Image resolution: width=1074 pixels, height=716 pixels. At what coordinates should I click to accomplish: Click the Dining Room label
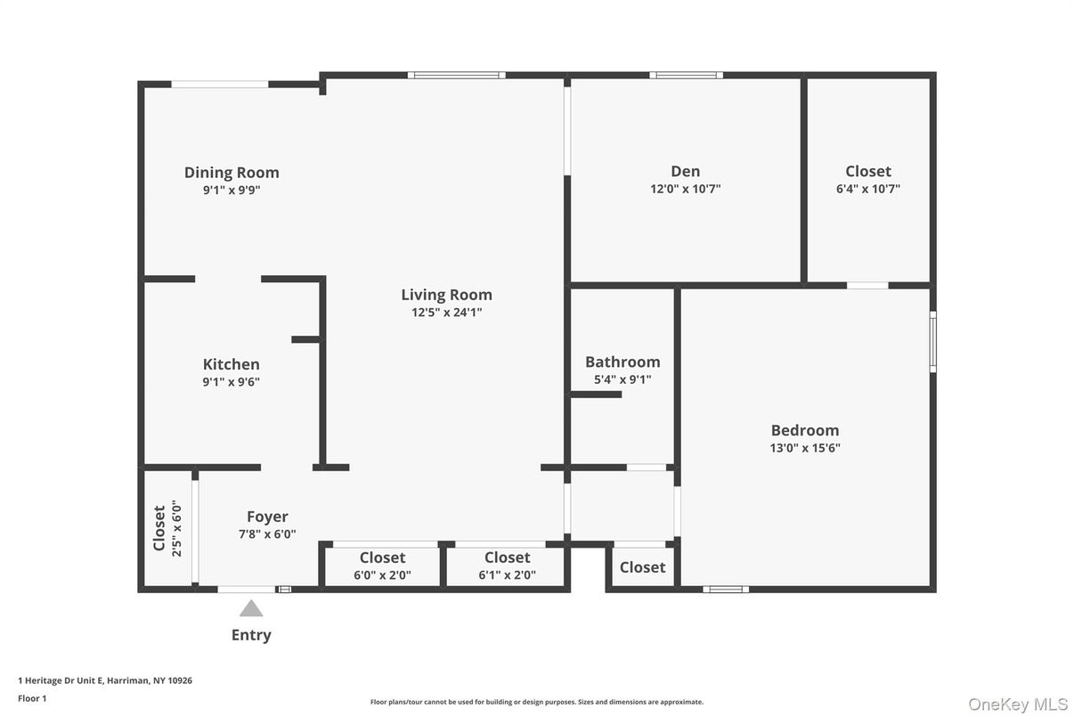click(x=232, y=173)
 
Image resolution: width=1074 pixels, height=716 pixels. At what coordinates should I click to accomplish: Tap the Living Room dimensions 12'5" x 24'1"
click(x=446, y=313)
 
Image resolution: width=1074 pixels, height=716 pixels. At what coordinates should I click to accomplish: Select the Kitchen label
click(x=232, y=364)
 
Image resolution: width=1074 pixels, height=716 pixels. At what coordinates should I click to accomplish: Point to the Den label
click(x=685, y=171)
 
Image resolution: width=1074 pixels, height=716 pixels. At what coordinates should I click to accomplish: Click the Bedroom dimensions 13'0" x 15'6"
click(x=805, y=448)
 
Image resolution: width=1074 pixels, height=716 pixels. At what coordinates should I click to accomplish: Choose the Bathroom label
click(x=622, y=362)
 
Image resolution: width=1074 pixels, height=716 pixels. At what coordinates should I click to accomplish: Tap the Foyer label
click(x=267, y=517)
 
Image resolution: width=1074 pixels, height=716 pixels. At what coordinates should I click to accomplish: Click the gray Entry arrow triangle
click(x=251, y=608)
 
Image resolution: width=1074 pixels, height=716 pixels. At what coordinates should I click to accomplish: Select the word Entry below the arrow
click(x=251, y=635)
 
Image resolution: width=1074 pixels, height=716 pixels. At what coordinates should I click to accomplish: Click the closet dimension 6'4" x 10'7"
click(x=868, y=189)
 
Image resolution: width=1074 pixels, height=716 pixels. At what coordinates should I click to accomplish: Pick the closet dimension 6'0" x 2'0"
click(x=382, y=575)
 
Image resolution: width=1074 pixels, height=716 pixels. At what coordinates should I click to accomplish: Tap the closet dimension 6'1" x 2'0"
click(x=507, y=575)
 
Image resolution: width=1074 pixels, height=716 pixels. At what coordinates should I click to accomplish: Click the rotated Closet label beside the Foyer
click(x=159, y=528)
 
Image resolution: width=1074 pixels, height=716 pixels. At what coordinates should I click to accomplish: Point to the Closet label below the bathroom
click(x=642, y=567)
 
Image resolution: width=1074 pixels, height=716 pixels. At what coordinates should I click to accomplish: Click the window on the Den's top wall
click(x=686, y=76)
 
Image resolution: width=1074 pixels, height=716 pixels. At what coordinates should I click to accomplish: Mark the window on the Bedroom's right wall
click(x=932, y=341)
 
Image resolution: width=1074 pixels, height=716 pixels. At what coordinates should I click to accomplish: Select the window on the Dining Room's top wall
click(x=220, y=85)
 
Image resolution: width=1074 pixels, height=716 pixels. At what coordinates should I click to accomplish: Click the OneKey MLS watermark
click(x=1018, y=704)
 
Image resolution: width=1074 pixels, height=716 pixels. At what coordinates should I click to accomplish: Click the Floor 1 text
click(x=32, y=698)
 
